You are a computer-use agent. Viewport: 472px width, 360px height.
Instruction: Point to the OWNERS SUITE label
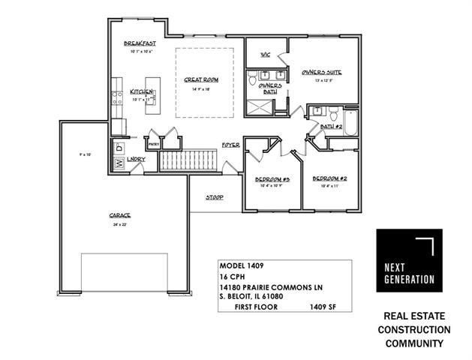322,72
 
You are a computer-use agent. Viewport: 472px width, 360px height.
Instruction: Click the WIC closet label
265,55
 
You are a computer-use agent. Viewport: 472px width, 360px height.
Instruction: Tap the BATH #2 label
330,127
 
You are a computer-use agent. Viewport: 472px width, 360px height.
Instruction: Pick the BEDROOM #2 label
327,178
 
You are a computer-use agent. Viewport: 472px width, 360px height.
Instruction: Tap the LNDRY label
136,159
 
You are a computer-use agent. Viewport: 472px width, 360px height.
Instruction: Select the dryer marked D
119,149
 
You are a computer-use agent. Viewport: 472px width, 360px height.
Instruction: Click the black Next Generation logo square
405,267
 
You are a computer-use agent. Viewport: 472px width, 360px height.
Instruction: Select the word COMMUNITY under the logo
415,343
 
